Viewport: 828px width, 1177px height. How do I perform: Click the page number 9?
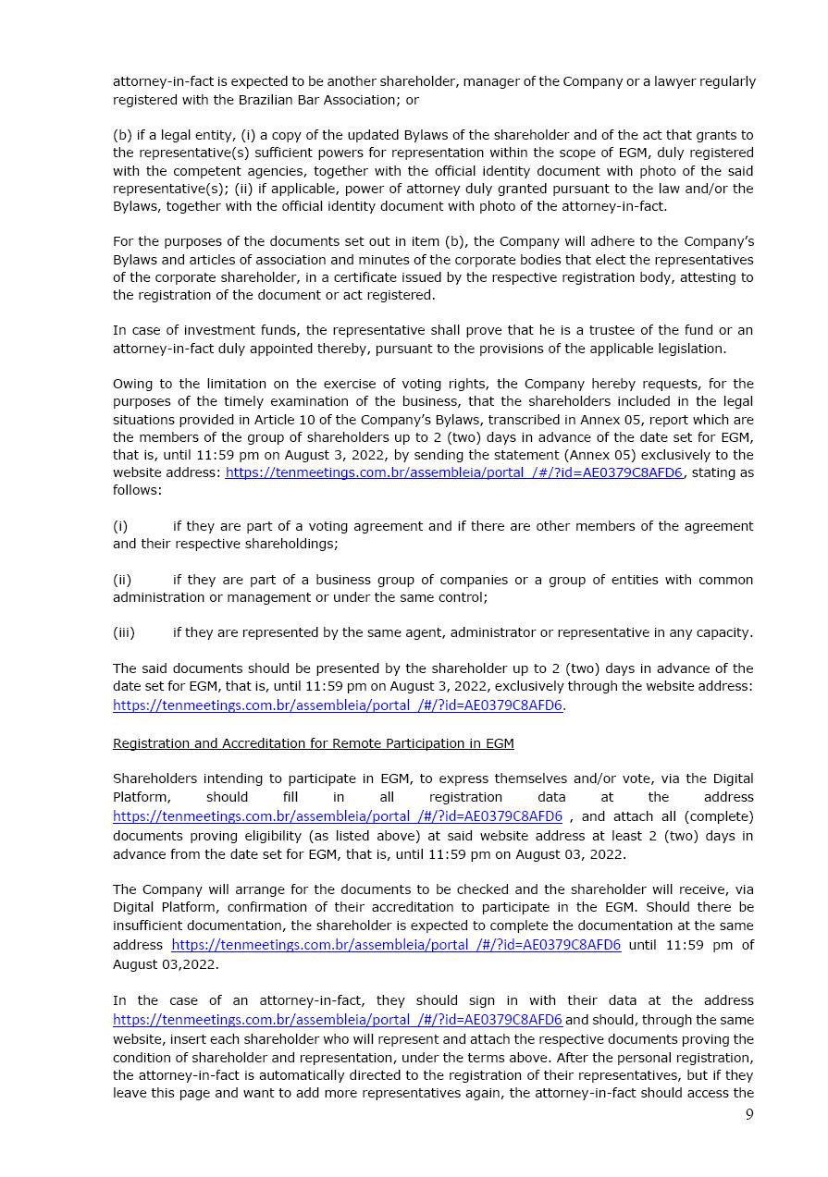click(x=749, y=1114)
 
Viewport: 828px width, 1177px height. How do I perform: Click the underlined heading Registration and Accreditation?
click(x=313, y=743)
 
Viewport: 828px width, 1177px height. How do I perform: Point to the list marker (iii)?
click(x=123, y=632)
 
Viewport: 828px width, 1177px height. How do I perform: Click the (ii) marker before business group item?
click(x=122, y=580)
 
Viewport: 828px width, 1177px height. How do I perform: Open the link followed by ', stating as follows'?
click(x=453, y=472)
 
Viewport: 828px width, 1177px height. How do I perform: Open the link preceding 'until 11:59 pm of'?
click(x=396, y=945)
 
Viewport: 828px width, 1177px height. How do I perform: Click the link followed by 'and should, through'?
click(x=338, y=1020)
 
